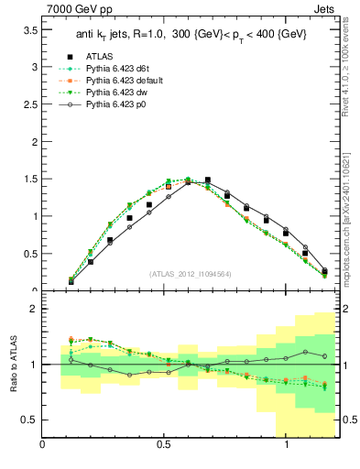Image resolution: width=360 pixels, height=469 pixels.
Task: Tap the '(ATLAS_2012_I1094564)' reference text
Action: coord(190,274)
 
